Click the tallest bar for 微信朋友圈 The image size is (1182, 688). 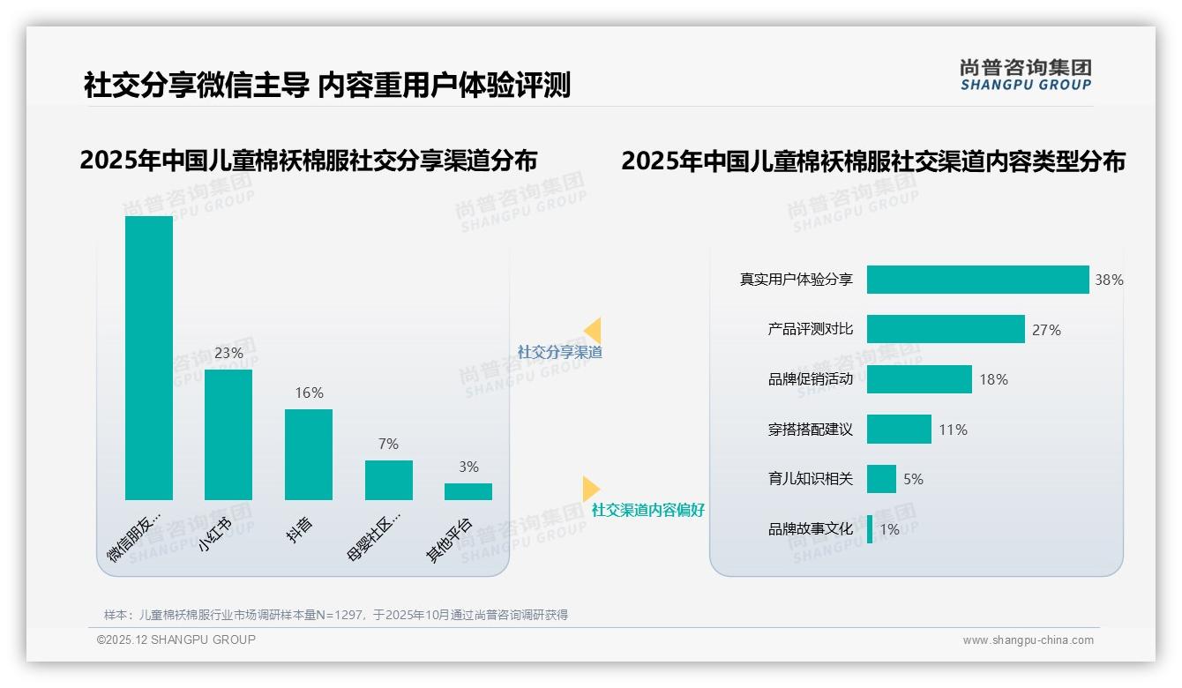(149, 357)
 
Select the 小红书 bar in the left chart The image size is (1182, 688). (228, 434)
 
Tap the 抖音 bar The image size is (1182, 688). (309, 454)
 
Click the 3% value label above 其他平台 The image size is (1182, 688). (468, 467)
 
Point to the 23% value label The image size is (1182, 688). (228, 353)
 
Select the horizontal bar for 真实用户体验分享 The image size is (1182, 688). (977, 280)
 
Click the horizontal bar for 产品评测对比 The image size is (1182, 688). (946, 329)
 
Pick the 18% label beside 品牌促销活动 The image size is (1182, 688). (993, 379)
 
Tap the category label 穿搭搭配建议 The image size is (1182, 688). (810, 430)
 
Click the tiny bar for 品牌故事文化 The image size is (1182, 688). (870, 529)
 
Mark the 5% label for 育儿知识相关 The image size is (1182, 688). (913, 479)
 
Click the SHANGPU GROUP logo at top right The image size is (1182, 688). (1025, 75)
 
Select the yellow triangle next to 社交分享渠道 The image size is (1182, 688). (592, 331)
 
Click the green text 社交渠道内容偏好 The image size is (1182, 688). (647, 510)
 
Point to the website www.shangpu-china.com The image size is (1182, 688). (1028, 640)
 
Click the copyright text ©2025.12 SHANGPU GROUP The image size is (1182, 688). (176, 639)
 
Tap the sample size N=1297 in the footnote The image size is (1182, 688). (334, 615)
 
